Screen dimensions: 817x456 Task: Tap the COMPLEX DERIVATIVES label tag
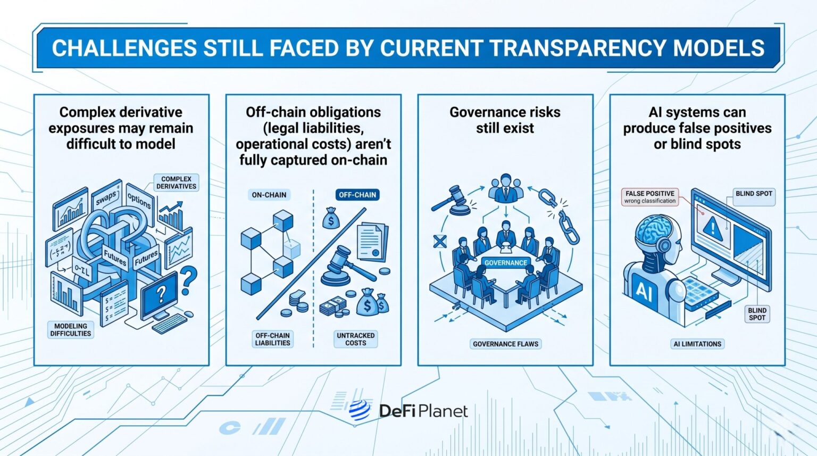click(x=176, y=183)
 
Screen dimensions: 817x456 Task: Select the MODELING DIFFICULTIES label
click(x=70, y=330)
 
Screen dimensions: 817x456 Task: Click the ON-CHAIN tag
click(x=269, y=195)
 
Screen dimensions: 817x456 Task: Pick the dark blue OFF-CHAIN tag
click(x=357, y=195)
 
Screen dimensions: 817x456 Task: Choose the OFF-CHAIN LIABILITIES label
click(x=272, y=339)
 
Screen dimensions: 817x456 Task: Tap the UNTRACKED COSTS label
click(x=356, y=339)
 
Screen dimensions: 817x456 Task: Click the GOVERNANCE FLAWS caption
click(x=505, y=344)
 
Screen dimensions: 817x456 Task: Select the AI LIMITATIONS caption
click(x=697, y=344)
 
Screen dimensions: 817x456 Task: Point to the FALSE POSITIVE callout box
click(x=650, y=197)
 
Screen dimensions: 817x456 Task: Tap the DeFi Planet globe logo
click(x=360, y=410)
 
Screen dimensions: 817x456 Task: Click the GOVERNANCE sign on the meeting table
click(x=505, y=263)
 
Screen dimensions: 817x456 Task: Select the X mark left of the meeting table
click(x=440, y=242)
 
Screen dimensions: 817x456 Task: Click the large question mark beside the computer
click(x=188, y=280)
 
